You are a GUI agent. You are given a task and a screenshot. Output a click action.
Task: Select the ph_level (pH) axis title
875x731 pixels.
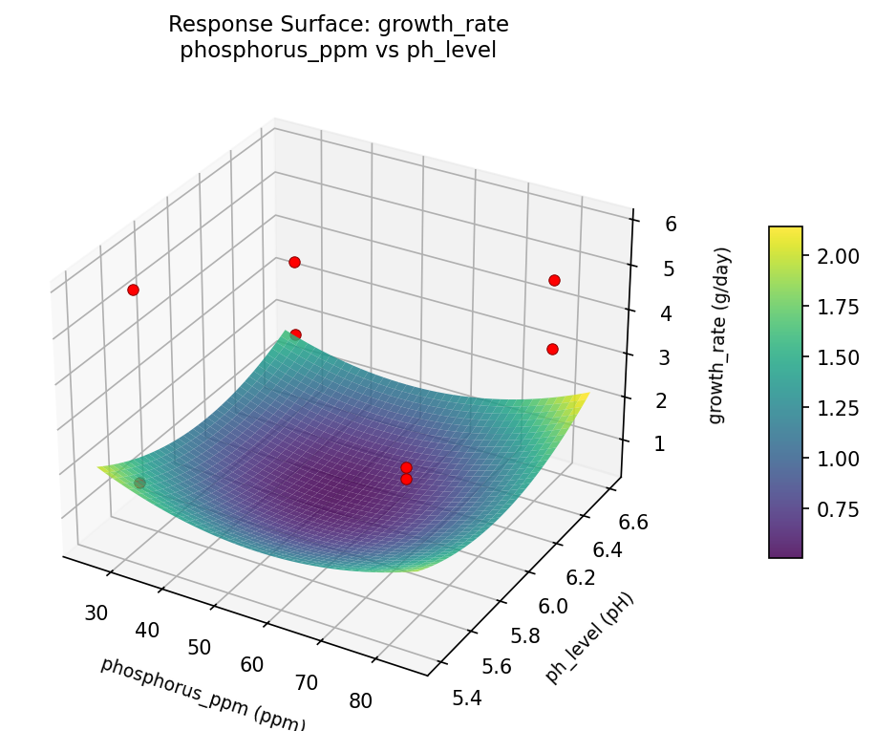(589, 637)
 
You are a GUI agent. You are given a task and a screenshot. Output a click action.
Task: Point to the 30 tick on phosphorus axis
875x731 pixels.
(96, 613)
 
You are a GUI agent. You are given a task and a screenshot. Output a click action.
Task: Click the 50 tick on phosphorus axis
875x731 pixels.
(199, 647)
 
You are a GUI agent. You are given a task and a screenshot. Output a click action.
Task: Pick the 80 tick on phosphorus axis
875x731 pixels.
(360, 700)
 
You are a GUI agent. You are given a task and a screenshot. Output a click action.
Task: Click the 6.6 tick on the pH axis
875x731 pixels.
(628, 523)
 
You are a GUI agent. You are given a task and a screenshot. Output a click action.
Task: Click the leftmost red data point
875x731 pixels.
(133, 290)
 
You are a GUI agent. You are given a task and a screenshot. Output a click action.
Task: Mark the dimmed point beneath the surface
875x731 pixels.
(139, 484)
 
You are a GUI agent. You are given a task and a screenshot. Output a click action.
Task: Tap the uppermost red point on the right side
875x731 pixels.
(554, 280)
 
